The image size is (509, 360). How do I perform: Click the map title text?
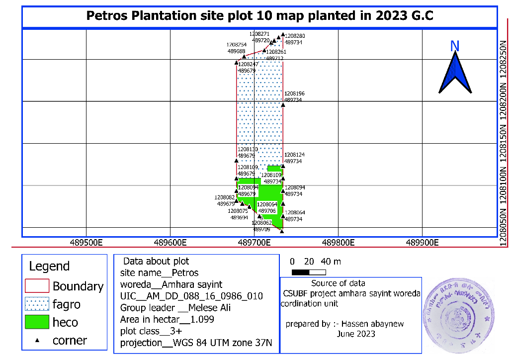click(x=259, y=15)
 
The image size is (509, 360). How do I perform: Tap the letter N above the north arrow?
click(x=454, y=46)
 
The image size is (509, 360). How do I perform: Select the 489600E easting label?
click(x=170, y=243)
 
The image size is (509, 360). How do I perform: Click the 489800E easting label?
click(x=338, y=243)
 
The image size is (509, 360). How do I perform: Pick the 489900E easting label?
click(x=422, y=243)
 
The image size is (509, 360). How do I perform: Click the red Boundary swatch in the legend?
click(x=37, y=286)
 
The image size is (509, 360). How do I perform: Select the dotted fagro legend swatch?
click(x=37, y=304)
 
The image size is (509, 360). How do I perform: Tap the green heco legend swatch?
click(x=37, y=322)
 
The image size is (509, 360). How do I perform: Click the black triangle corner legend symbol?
click(x=37, y=341)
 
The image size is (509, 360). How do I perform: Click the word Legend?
click(x=49, y=266)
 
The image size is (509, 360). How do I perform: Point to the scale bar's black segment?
click(x=300, y=272)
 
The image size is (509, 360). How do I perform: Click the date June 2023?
click(x=356, y=334)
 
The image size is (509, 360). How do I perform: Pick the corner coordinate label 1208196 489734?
click(x=295, y=96)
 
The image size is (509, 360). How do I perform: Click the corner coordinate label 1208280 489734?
click(x=296, y=39)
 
